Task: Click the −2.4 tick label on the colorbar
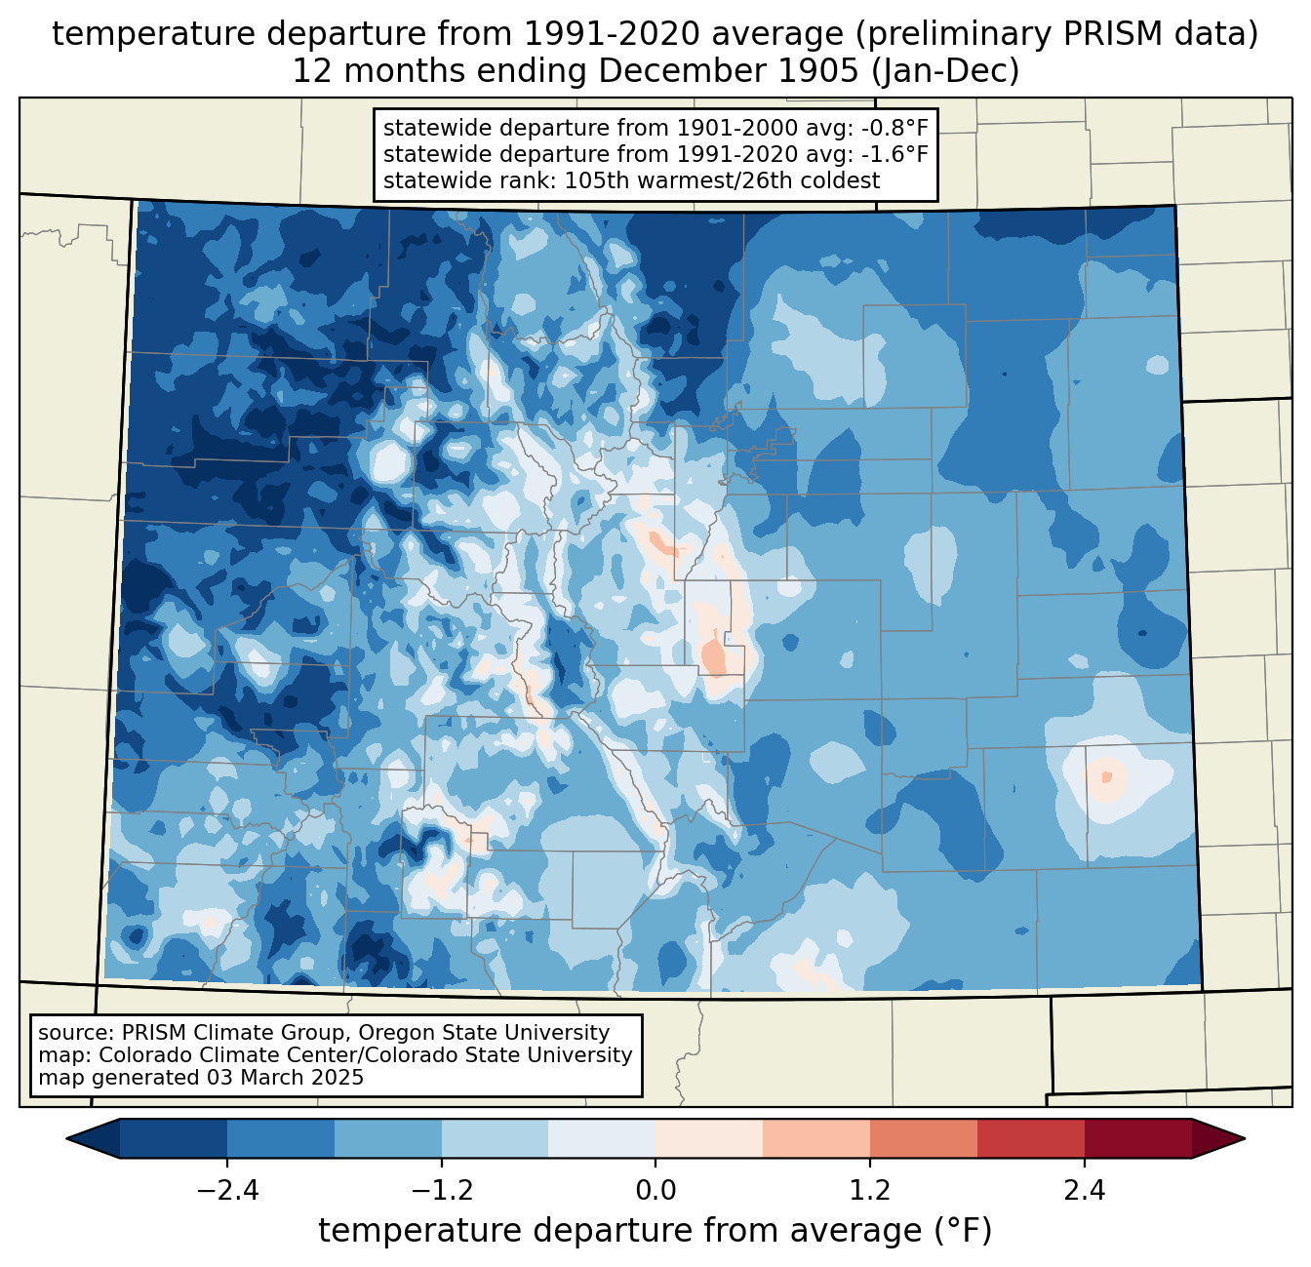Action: tap(227, 1191)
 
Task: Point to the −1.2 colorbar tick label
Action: tap(442, 1191)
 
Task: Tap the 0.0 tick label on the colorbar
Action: tap(655, 1191)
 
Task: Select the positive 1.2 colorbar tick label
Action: tap(870, 1191)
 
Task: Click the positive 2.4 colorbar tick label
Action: tap(1085, 1191)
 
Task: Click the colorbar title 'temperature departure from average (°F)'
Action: tap(655, 1231)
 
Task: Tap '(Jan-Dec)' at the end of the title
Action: tap(945, 71)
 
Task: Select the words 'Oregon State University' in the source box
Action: tap(484, 1033)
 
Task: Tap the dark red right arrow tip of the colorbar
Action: tap(1244, 1138)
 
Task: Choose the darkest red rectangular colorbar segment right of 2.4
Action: tap(1138, 1138)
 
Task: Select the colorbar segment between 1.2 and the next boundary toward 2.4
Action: tap(924, 1138)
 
